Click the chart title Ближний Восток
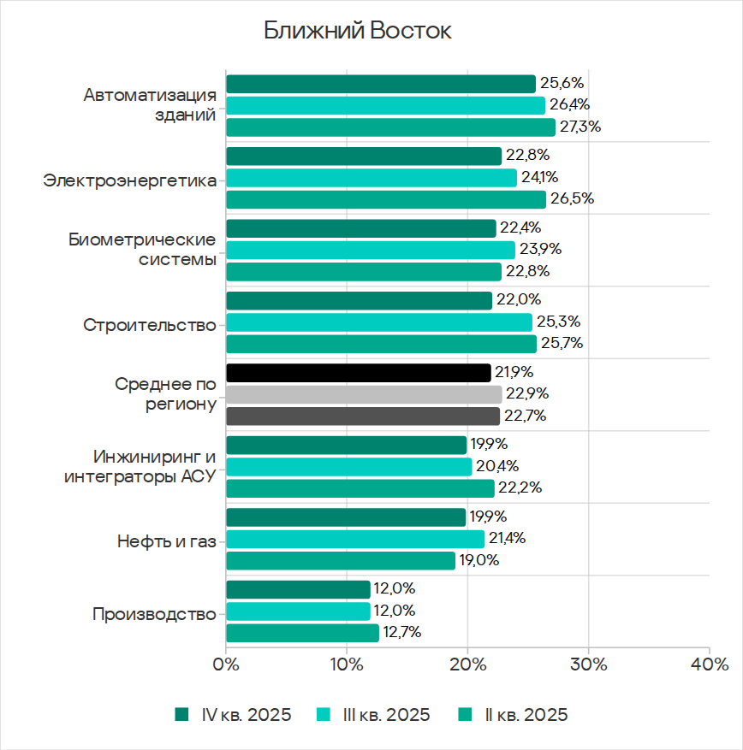[x=357, y=32]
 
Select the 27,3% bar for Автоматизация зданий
[x=390, y=127]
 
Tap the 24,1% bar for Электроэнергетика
[x=371, y=178]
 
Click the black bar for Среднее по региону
[x=358, y=373]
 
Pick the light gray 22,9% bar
[x=364, y=394]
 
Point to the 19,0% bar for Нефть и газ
[x=341, y=561]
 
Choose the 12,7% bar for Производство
[x=302, y=633]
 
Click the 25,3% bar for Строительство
[x=378, y=322]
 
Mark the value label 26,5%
[x=573, y=199]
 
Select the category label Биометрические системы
[x=142, y=250]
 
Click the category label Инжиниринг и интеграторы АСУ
[x=140, y=466]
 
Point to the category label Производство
[x=154, y=614]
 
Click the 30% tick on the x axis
[x=589, y=664]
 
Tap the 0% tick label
[x=226, y=664]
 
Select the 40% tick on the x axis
[x=710, y=664]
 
